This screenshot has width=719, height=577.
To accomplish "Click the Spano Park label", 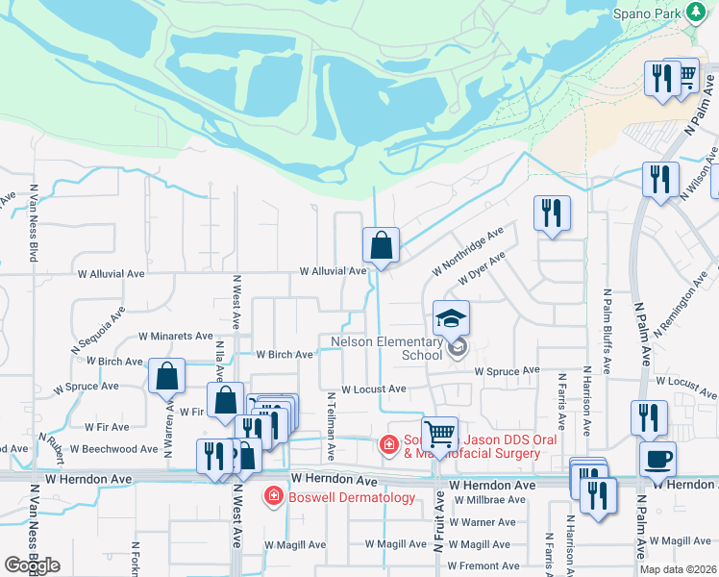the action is click(648, 15).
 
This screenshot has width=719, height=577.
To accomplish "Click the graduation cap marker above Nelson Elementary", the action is click(451, 318).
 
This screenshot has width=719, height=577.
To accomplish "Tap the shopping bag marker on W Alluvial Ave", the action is click(382, 245).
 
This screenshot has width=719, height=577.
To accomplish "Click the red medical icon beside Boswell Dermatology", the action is click(274, 497).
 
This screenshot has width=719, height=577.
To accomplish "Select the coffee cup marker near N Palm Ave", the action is click(658, 459).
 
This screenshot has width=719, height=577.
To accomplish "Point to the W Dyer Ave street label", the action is click(482, 269).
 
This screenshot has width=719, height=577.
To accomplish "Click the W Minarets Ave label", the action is click(176, 337).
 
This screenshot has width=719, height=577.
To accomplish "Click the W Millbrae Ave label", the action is click(489, 500).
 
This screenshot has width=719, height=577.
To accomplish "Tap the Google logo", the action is click(32, 565).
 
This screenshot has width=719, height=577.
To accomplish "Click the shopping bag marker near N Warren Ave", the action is click(167, 377).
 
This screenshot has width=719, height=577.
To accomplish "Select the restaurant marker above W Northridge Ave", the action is click(552, 213).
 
